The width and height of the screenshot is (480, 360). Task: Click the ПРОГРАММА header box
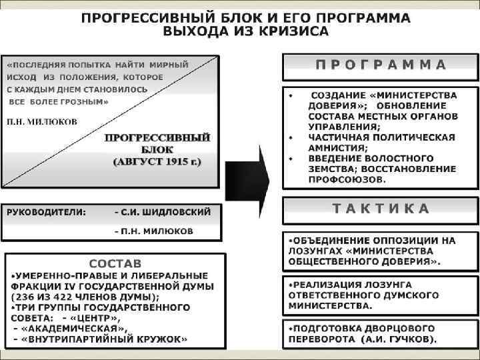(x=381, y=66)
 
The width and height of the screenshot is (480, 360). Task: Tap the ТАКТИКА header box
(x=381, y=209)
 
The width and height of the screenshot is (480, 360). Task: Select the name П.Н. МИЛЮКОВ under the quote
(x=42, y=121)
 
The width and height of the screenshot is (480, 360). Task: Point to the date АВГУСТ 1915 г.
(x=157, y=161)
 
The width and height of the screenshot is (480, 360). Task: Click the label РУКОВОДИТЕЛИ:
(x=47, y=213)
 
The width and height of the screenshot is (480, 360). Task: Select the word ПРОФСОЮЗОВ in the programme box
(x=346, y=179)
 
